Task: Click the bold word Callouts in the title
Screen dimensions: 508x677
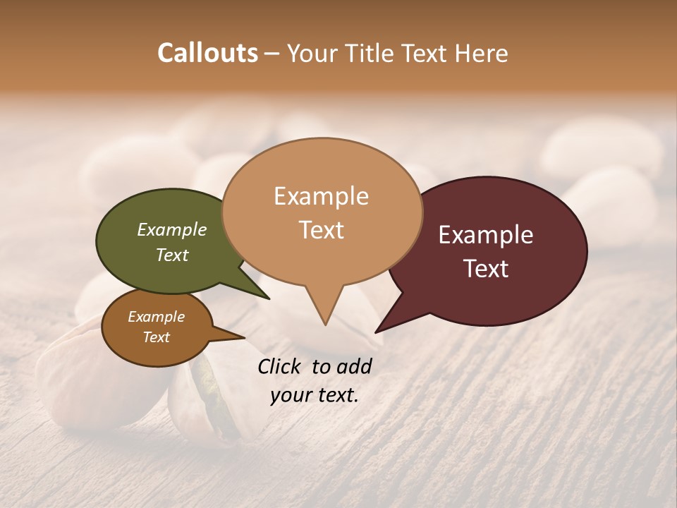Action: click(207, 53)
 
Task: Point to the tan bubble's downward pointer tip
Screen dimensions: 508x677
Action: click(325, 324)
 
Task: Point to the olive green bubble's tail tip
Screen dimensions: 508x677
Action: click(269, 298)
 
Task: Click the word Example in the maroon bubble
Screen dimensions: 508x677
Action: click(486, 235)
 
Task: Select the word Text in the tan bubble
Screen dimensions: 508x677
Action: click(322, 230)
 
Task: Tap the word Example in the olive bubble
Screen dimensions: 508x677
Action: click(172, 229)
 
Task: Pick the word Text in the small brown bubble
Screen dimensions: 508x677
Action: click(157, 337)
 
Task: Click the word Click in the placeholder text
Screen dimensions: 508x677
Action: click(281, 365)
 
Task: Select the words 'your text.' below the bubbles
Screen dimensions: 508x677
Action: click(315, 395)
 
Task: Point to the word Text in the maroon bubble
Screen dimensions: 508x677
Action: click(487, 269)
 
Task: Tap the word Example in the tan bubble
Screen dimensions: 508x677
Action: click(322, 196)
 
